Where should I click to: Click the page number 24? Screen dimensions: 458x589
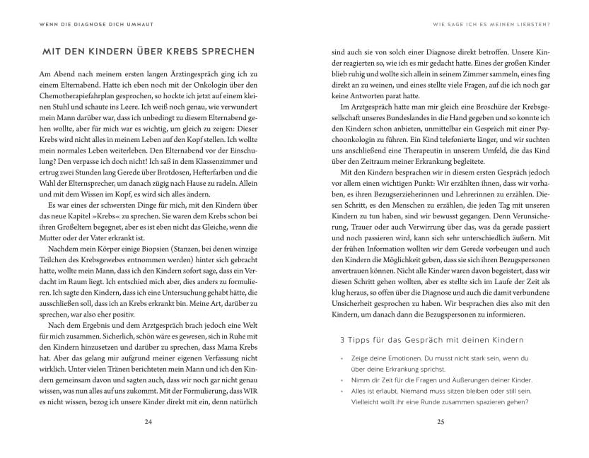click(x=148, y=423)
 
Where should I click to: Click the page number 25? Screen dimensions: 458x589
click(x=440, y=423)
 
